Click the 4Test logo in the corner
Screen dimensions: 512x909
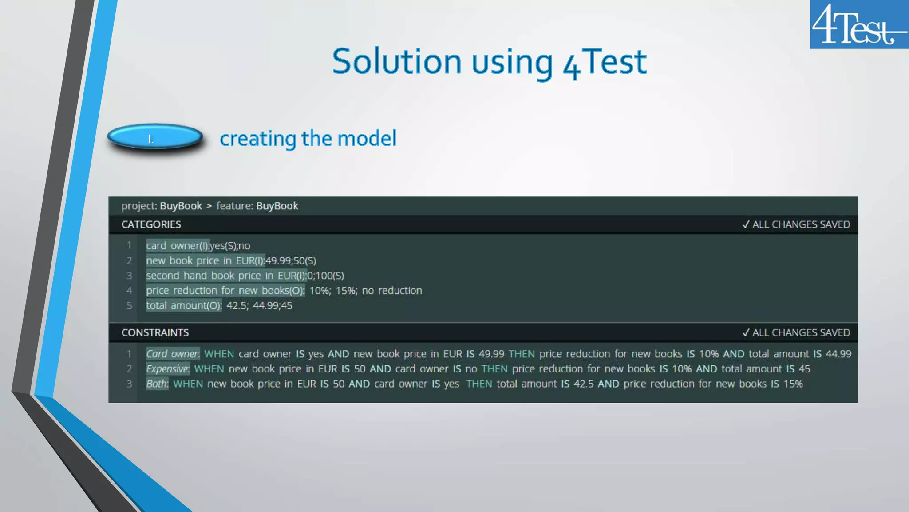(x=858, y=24)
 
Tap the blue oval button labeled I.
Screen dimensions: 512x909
(x=155, y=137)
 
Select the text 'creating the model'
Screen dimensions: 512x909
(x=308, y=138)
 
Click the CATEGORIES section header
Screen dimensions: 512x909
(x=151, y=224)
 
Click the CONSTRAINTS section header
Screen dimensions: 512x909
(x=155, y=332)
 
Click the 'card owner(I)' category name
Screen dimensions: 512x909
(x=177, y=246)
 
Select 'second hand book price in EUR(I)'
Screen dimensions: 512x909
(x=226, y=276)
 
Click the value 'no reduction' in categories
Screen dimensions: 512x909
(x=391, y=291)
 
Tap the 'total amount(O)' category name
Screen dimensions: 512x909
(x=183, y=306)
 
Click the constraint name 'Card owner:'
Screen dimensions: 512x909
(x=173, y=354)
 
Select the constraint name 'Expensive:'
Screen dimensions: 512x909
(x=168, y=369)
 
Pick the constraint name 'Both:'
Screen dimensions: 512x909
(x=157, y=384)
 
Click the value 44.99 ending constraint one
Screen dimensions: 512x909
(x=838, y=354)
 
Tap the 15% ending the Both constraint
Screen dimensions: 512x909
(x=793, y=384)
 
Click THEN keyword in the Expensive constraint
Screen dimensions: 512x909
(x=494, y=369)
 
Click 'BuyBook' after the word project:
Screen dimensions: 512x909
(x=181, y=206)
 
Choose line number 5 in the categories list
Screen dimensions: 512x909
(x=129, y=306)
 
